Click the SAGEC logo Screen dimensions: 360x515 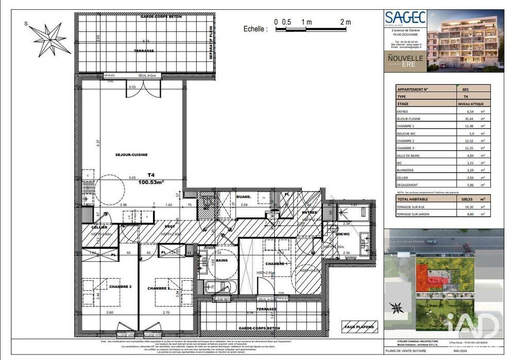coord(405,19)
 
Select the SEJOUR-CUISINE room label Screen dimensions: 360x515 coord(131,155)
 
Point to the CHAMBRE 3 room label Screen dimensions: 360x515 coord(160,288)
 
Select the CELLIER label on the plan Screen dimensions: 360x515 coord(99,227)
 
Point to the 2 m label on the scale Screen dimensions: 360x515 coord(345,22)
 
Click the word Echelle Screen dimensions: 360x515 coord(255,29)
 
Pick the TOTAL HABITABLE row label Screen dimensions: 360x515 coord(413,199)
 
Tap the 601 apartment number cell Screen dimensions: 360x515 coord(466,89)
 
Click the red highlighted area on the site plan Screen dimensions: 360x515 coord(425,278)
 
